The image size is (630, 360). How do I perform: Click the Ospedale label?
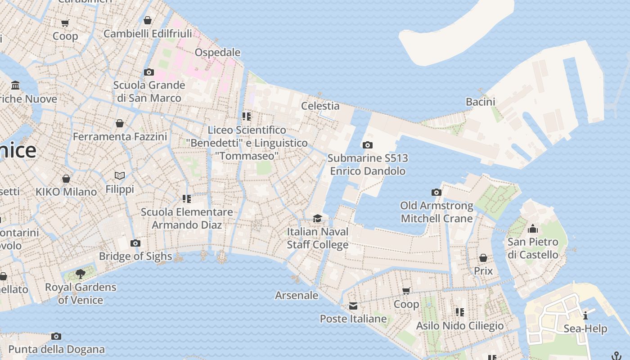[217, 53]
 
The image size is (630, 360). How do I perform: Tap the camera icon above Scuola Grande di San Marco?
[148, 72]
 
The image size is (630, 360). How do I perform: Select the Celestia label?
[320, 106]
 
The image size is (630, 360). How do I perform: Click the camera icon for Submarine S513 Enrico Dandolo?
[368, 145]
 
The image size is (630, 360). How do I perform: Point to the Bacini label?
[480, 102]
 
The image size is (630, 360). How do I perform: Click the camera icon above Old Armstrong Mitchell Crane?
[436, 193]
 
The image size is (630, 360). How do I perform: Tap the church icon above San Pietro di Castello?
[533, 229]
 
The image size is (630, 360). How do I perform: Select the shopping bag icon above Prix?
[483, 258]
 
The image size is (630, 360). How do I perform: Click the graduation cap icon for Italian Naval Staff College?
[318, 219]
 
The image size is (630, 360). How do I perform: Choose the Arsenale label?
[297, 295]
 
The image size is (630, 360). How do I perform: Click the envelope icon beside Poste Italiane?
[353, 306]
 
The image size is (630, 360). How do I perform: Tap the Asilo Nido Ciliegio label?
[460, 325]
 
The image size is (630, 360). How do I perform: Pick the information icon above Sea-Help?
[585, 315]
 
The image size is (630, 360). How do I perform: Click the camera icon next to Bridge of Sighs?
[135, 243]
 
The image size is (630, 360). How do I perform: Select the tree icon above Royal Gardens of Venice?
[81, 274]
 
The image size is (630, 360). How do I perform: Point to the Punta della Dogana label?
[56, 349]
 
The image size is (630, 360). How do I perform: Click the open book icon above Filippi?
[120, 176]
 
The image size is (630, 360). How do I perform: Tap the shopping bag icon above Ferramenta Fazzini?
[120, 123]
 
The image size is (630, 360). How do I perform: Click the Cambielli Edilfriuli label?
[148, 33]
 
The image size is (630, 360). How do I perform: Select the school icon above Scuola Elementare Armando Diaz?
[187, 199]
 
